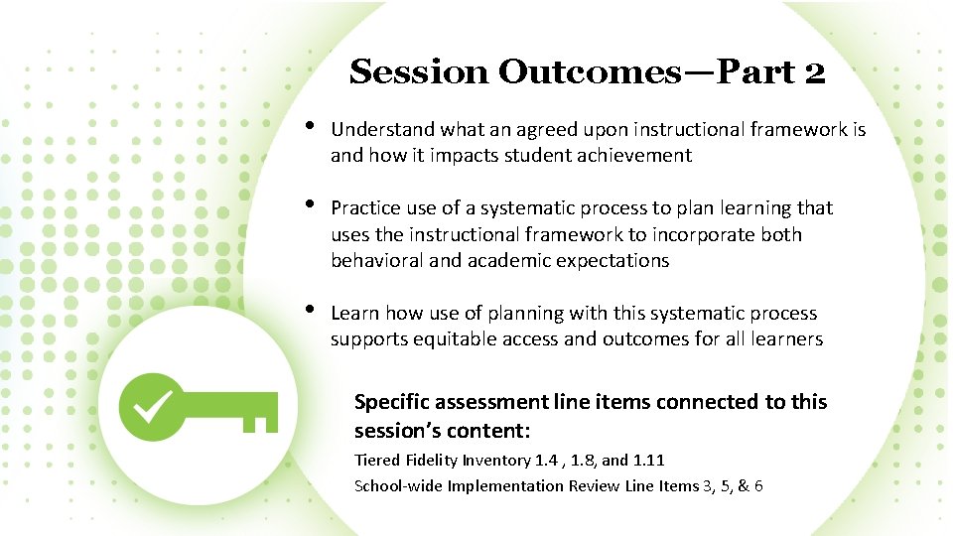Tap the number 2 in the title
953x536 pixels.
point(813,72)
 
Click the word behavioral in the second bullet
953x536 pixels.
point(375,260)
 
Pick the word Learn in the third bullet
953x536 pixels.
point(354,313)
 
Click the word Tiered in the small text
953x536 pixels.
point(378,460)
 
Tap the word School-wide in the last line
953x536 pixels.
point(398,485)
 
